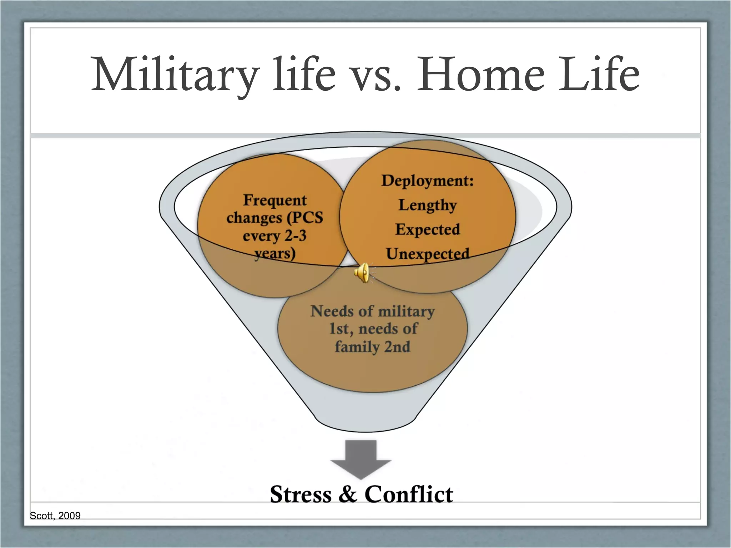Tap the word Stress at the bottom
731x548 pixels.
(301, 495)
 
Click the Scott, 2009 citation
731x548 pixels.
(55, 516)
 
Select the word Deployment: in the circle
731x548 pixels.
(427, 181)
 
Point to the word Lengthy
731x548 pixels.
(427, 205)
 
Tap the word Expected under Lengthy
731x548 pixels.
(427, 229)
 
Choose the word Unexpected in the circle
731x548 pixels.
(427, 254)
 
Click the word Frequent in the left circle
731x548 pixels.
(274, 201)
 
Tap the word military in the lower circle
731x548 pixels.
(406, 311)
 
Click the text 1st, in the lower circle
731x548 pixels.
(341, 329)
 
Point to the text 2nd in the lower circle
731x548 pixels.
(397, 347)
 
